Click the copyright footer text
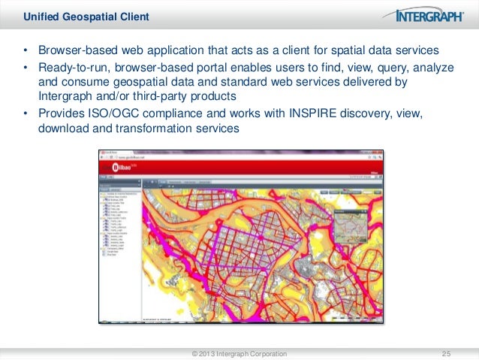(239, 353)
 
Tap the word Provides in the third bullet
(60, 113)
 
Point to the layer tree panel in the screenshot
(120, 225)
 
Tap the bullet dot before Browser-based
(26, 51)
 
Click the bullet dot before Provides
(26, 113)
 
